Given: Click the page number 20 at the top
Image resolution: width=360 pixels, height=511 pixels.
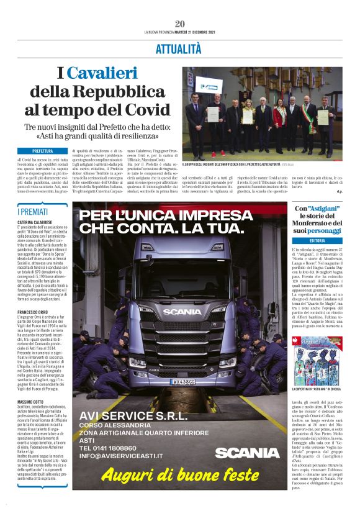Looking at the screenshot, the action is pyautogui.click(x=180, y=24).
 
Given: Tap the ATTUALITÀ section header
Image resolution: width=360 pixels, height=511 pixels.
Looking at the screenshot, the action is pyautogui.click(x=179, y=48).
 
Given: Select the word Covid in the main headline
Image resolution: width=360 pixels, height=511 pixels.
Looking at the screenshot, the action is pyautogui.click(x=145, y=110).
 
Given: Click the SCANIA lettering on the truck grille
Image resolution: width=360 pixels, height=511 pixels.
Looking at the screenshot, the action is pyautogui.click(x=182, y=312).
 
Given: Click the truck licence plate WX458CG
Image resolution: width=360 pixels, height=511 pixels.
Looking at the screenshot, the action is pyautogui.click(x=184, y=381).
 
